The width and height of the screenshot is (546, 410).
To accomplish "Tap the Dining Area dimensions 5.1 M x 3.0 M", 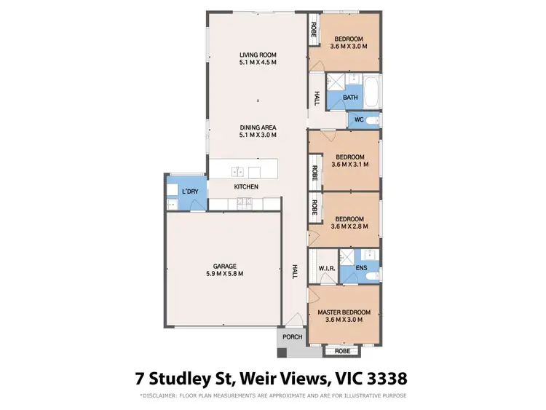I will pos(258,136).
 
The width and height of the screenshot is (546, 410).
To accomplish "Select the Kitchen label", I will pos(246,187).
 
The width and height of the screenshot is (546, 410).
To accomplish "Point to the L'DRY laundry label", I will pos(190,192).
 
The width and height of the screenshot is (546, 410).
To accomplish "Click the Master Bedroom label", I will pos(344,312).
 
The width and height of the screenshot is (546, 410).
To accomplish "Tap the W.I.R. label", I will pos(325,269).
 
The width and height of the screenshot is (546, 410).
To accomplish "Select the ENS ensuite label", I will pos(361,269).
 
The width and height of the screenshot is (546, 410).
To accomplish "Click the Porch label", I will pos(293,337).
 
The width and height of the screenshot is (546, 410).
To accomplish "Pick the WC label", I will pos(358,119).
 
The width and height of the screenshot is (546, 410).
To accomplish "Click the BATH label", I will pos(350,98).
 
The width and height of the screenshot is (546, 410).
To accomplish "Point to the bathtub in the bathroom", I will pos(371,91).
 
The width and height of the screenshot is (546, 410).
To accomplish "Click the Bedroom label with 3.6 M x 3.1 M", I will pos(349,157).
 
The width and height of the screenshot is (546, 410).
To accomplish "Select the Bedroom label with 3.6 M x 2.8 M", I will pos(349,218).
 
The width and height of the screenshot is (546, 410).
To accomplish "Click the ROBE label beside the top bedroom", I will pos(314,30).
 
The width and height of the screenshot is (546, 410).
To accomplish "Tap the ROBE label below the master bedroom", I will pos(342,351).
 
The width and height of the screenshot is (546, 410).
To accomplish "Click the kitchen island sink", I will pos(237,172).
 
